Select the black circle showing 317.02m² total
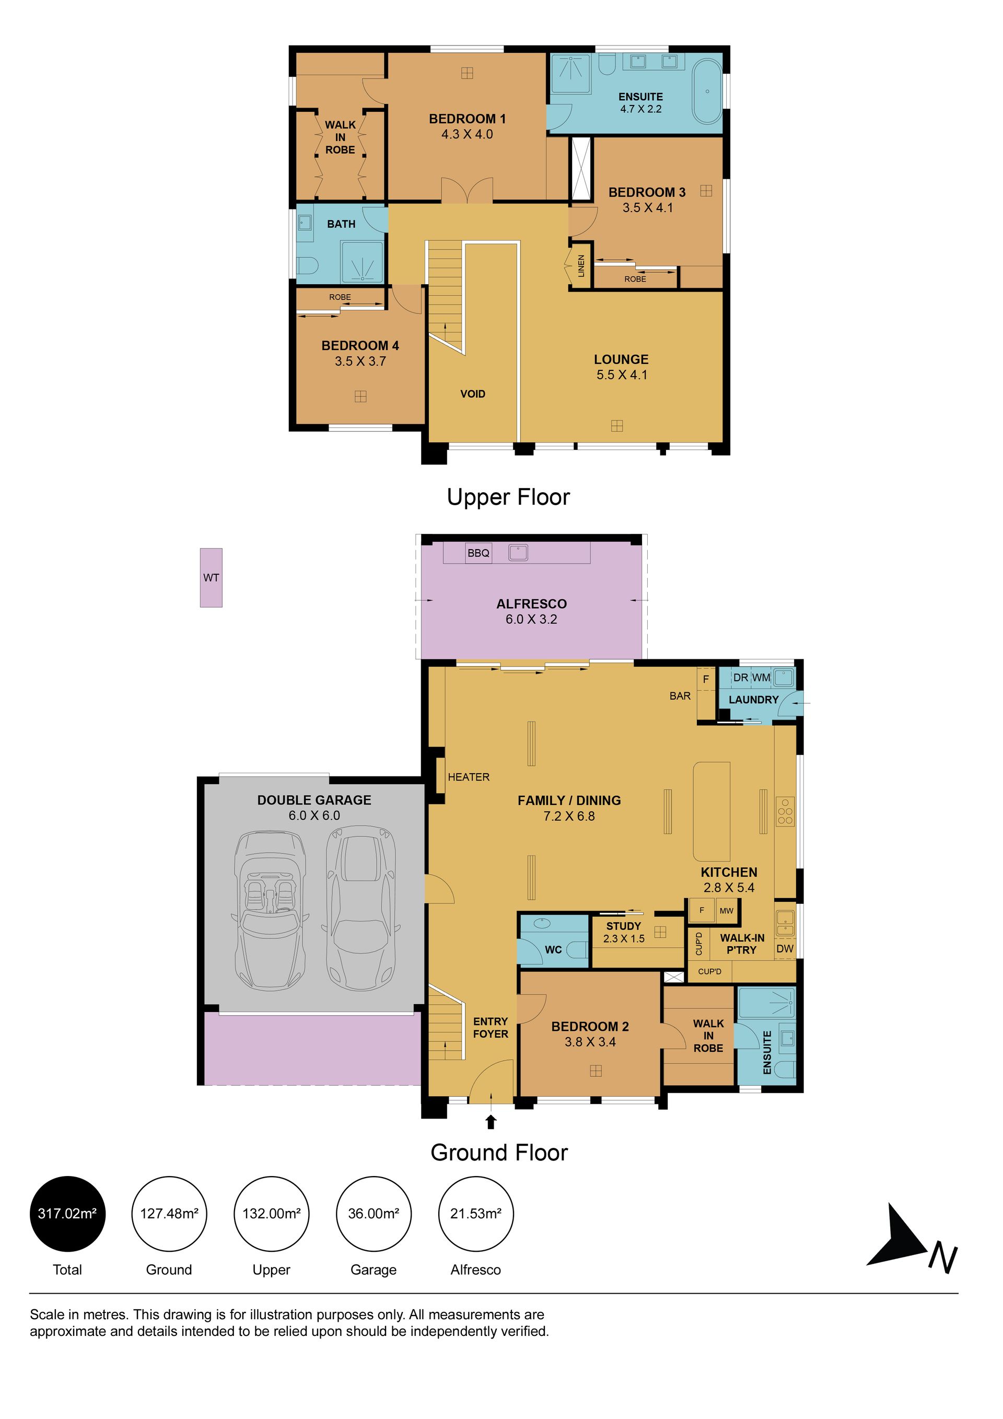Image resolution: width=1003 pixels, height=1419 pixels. [67, 1213]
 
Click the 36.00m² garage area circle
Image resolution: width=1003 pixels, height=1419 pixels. [374, 1213]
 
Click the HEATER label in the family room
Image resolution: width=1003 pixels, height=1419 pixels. [469, 777]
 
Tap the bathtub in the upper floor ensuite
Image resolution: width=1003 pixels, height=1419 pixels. [706, 91]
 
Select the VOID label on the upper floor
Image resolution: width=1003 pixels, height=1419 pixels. [473, 394]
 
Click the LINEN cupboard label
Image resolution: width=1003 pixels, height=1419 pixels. [581, 266]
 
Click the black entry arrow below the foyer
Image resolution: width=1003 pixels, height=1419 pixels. [491, 1122]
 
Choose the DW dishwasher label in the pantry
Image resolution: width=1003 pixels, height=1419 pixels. [784, 949]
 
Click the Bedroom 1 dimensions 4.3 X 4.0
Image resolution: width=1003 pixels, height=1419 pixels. [467, 134]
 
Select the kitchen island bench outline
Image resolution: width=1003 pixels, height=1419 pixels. [712, 811]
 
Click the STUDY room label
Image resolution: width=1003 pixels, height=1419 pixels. [624, 926]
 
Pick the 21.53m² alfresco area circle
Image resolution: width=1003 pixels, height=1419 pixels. [476, 1213]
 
